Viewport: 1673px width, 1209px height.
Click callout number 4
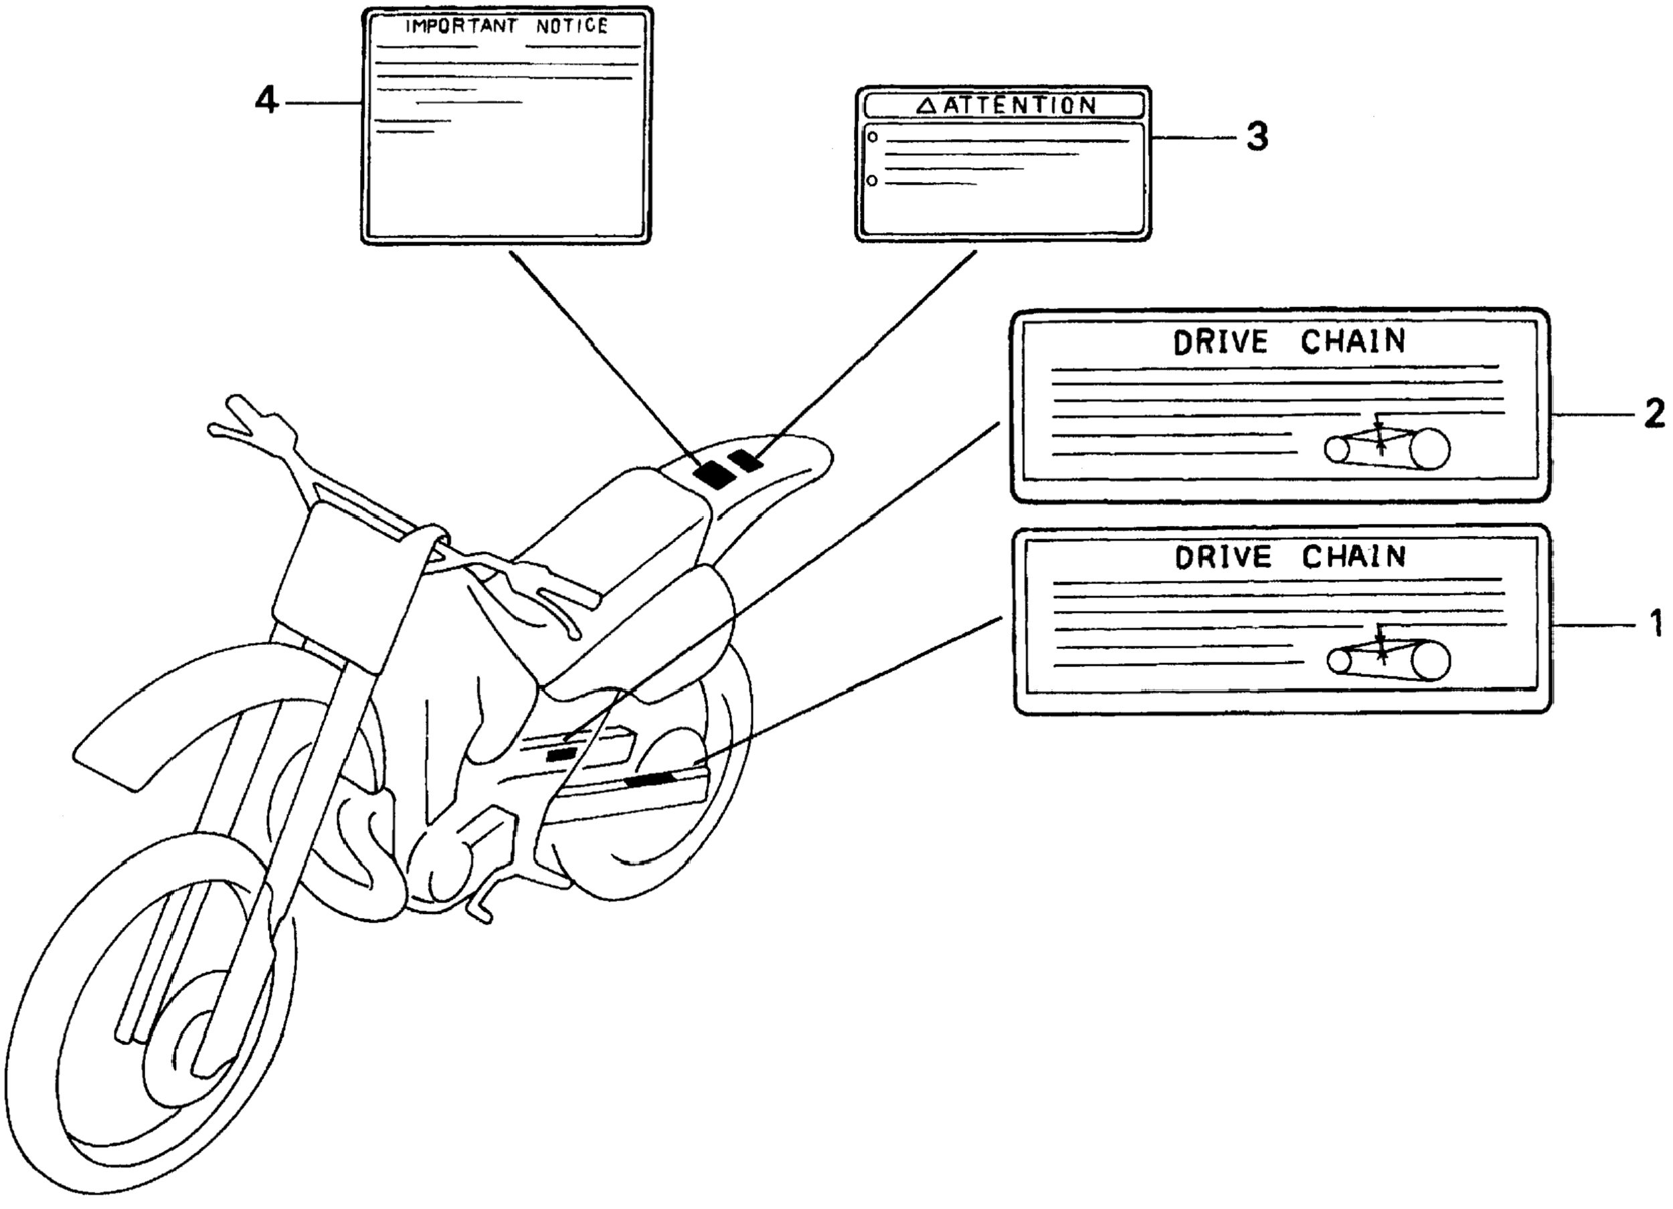point(267,100)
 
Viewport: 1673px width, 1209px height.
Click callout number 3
point(1257,137)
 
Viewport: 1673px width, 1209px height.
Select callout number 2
point(1654,415)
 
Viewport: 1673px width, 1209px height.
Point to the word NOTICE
point(571,27)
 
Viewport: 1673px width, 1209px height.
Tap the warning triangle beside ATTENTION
point(926,106)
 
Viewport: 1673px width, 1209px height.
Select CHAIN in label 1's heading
point(1353,557)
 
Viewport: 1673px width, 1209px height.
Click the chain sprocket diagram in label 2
point(1387,446)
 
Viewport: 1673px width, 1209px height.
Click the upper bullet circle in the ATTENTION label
point(872,137)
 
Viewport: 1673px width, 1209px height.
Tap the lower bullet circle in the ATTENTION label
point(872,181)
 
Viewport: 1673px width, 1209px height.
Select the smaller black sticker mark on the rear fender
point(745,462)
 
